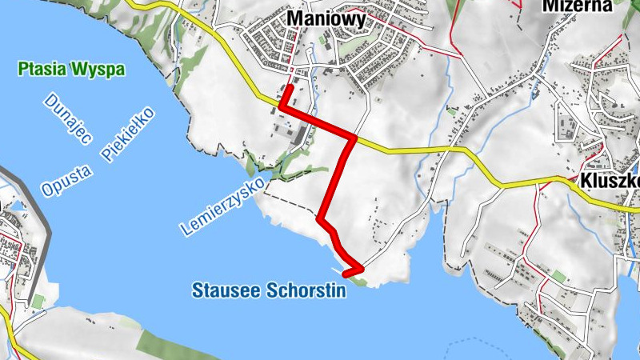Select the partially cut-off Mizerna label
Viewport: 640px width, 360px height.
(x=577, y=6)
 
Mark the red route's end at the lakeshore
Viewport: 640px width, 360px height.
(x=346, y=274)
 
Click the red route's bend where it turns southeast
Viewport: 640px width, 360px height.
(x=321, y=218)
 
